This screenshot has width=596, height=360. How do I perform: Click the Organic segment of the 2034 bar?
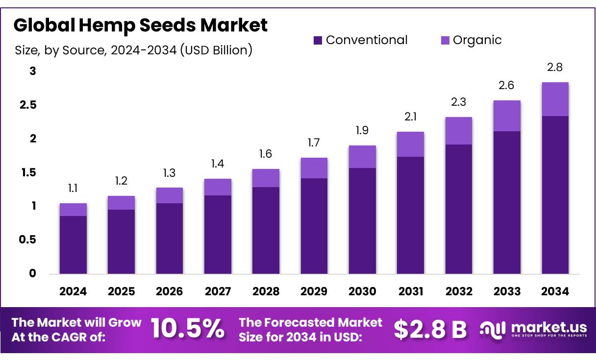tap(555, 99)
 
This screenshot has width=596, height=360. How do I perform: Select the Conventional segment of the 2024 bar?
tap(73, 244)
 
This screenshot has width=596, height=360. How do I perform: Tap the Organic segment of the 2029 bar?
tap(314, 168)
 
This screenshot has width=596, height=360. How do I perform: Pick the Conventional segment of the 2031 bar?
tap(410, 215)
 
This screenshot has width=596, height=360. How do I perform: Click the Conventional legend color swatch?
tap(318, 41)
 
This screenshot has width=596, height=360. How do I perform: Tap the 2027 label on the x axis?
tap(218, 291)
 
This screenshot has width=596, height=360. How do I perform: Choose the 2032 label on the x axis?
tap(459, 291)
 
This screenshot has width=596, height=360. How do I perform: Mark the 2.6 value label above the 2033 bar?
tap(507, 85)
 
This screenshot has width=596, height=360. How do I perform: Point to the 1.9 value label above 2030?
tap(362, 130)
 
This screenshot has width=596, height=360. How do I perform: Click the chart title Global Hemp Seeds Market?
tap(141, 25)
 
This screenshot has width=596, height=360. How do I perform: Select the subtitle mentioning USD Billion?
tap(133, 50)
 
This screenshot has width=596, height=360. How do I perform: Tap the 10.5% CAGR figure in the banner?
tap(187, 329)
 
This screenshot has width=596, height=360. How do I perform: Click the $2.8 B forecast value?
tap(430, 329)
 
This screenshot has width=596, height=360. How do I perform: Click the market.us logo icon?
tap(492, 329)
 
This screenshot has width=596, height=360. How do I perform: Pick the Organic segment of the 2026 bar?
tap(170, 195)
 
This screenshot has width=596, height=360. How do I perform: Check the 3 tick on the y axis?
tap(33, 72)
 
